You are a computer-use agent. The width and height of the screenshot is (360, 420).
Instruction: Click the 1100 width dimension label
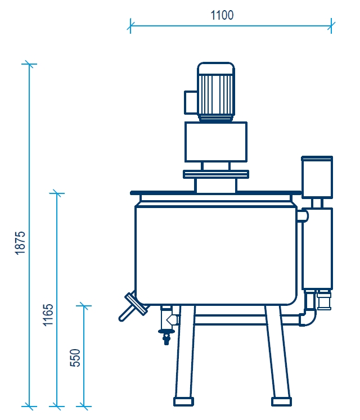click(x=222, y=15)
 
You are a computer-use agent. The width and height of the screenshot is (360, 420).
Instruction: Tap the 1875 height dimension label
click(x=20, y=243)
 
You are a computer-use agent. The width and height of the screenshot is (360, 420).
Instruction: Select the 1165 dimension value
click(x=48, y=315)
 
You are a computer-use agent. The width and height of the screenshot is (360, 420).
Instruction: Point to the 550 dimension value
click(x=75, y=358)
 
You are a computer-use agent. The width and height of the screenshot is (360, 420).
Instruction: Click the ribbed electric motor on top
click(x=216, y=92)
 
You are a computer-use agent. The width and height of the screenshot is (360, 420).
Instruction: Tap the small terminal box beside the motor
click(x=191, y=102)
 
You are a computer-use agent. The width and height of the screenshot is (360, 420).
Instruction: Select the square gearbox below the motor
click(x=216, y=142)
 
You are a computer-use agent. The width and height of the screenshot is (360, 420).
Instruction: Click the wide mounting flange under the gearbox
click(x=216, y=174)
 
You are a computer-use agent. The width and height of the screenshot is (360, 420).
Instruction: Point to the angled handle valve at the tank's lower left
click(x=133, y=306)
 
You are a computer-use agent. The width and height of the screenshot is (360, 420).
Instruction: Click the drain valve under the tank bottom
click(x=166, y=324)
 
